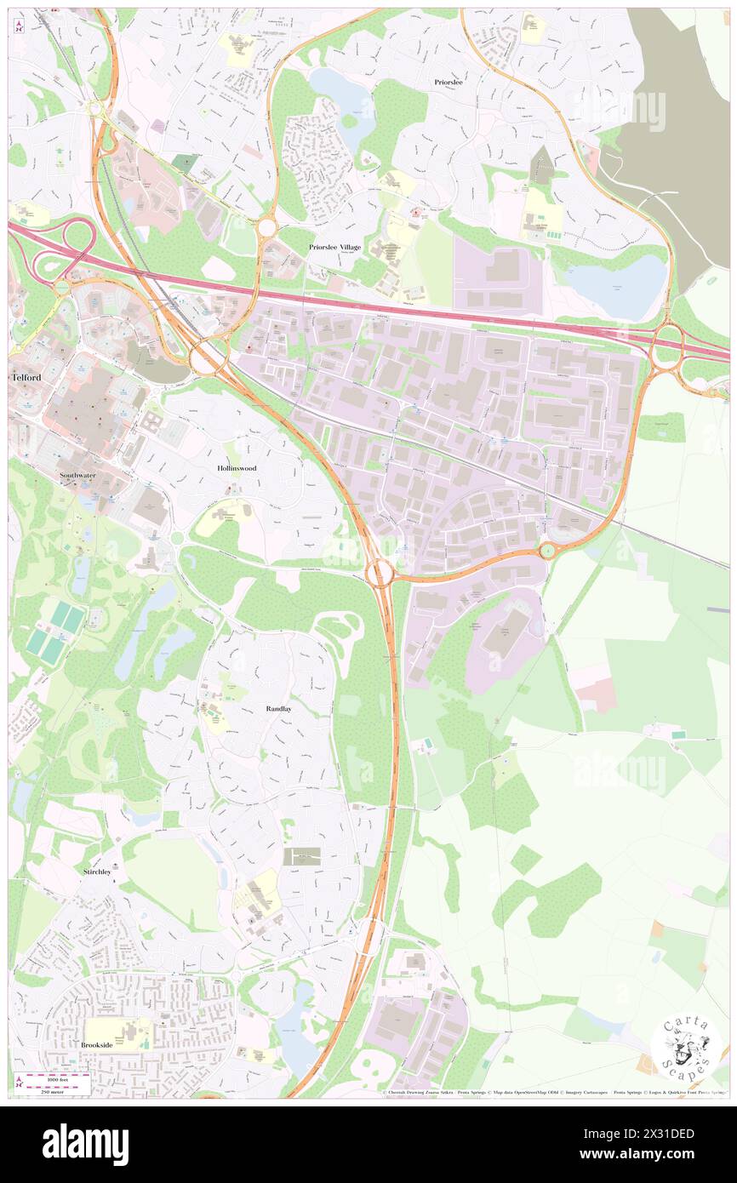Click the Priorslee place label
(448, 83)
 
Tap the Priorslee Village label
(334, 247)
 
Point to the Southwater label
(77, 476)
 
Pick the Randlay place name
(278, 708)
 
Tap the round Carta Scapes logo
(686, 1049)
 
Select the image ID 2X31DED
(669, 1134)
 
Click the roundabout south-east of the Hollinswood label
(380, 572)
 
